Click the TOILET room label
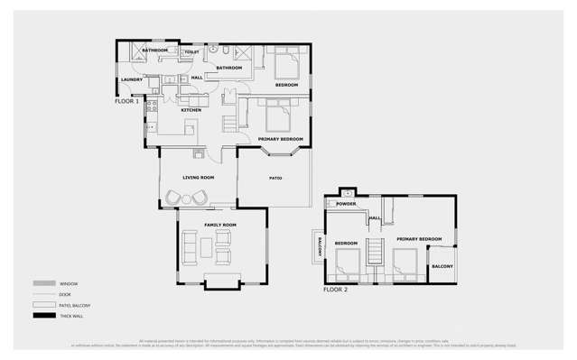coord(192,52)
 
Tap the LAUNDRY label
coord(131,80)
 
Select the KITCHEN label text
coord(191,110)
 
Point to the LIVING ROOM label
coord(198,178)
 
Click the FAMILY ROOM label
coord(219,224)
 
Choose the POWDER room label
coord(347,205)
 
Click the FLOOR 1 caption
coord(127,101)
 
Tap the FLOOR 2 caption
coord(335,290)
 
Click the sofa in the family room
coord(191,245)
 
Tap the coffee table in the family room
coord(208,245)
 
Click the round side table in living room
coord(186,197)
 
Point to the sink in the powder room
coord(348,193)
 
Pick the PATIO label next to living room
coord(275,178)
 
